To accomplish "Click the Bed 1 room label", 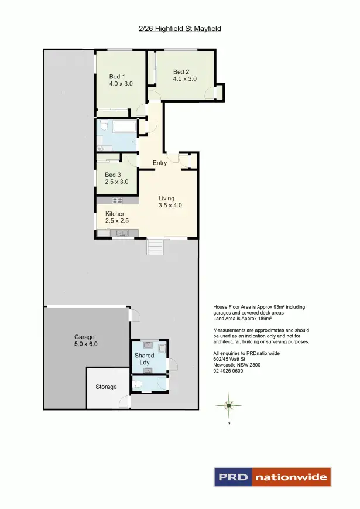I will (x=121, y=80).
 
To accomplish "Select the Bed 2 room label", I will (x=184, y=76).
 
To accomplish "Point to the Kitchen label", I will (x=116, y=217).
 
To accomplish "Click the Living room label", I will (x=170, y=202).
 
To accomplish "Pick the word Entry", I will (x=160, y=163).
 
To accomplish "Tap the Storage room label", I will (x=106, y=387).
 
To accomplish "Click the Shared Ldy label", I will (x=144, y=359).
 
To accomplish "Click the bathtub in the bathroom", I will (x=124, y=127).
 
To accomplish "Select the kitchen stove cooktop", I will (x=117, y=200).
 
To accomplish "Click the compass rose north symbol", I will (x=229, y=405).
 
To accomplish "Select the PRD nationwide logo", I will (x=272, y=477).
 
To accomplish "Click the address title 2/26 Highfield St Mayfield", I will (x=180, y=28).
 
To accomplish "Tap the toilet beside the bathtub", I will (x=102, y=126).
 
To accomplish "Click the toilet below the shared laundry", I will (x=137, y=385).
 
